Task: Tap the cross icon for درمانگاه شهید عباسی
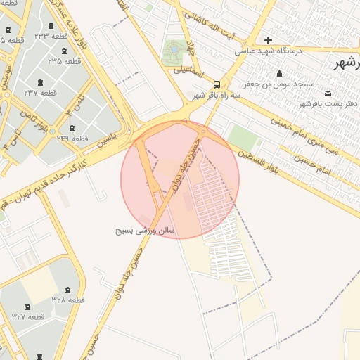[268, 40]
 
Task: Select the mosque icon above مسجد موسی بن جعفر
[281, 73]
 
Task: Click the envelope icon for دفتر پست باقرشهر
[328, 93]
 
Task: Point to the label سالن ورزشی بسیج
[146, 230]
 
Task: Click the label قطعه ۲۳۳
[51, 36]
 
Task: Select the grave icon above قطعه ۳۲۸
[67, 289]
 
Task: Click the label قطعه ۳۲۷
[28, 316]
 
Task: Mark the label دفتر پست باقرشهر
[328, 103]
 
